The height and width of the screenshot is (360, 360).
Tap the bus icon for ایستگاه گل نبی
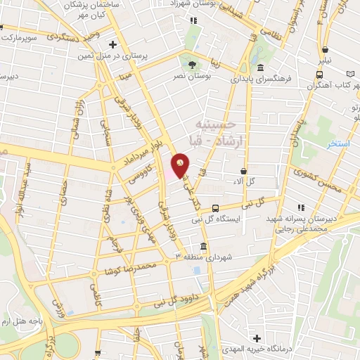click(x=216, y=208)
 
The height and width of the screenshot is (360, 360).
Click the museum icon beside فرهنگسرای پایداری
click(x=261, y=68)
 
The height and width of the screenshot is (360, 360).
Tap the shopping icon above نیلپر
click(x=326, y=49)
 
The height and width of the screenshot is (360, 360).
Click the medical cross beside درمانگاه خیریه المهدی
click(x=256, y=340)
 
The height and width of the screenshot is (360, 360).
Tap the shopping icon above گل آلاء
click(x=243, y=170)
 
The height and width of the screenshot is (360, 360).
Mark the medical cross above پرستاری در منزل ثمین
click(x=112, y=44)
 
